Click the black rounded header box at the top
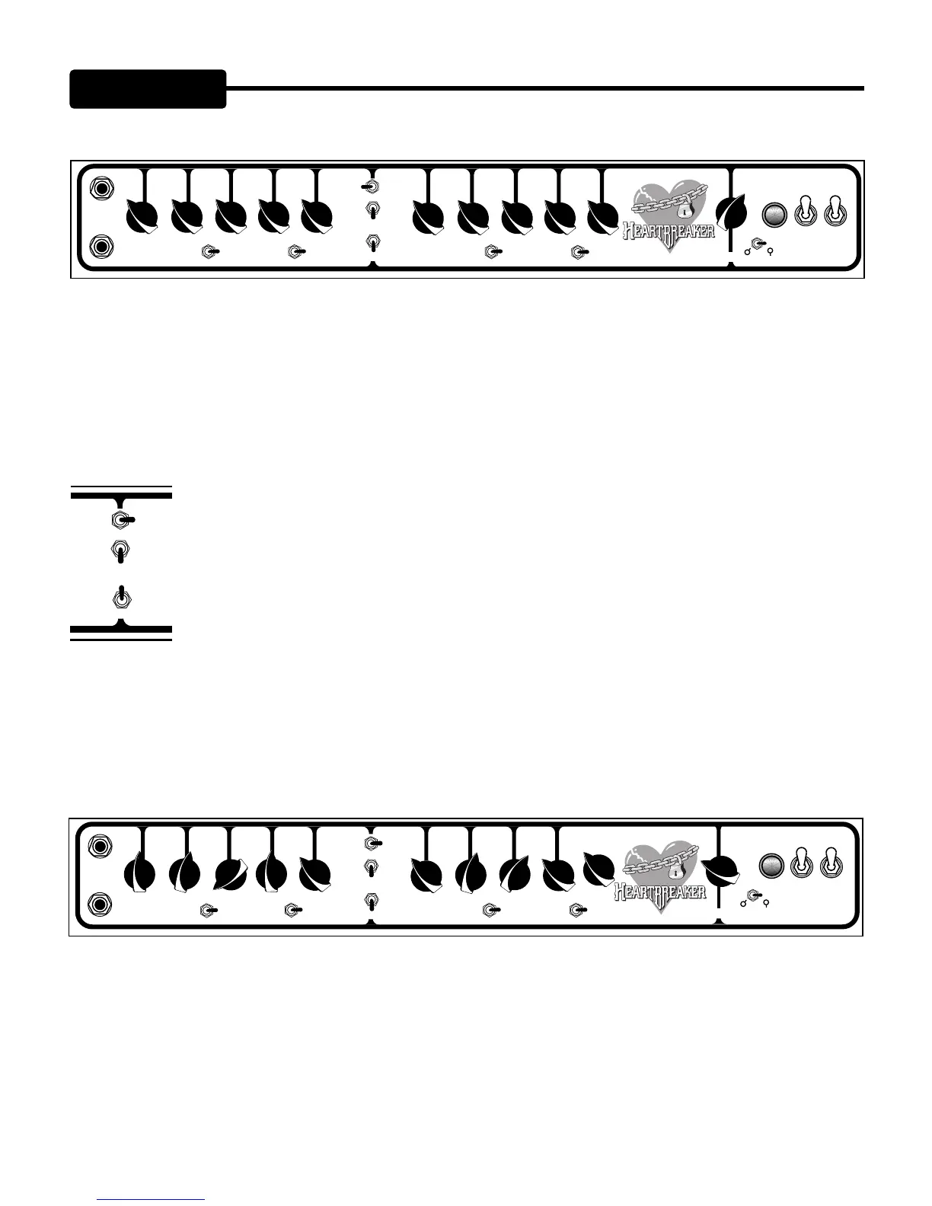tap(148, 89)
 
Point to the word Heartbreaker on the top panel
tap(669, 230)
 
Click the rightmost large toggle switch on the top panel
tap(835, 212)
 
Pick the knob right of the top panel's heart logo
tap(733, 212)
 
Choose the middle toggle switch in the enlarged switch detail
tap(120, 551)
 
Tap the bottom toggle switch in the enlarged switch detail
tap(120, 598)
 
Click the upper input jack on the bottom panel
tap(101, 846)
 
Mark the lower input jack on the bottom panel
tap(101, 904)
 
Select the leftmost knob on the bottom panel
tap(141, 873)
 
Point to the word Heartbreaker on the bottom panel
tap(659, 889)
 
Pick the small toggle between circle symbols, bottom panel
tap(755, 896)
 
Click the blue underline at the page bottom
tap(152, 1200)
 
